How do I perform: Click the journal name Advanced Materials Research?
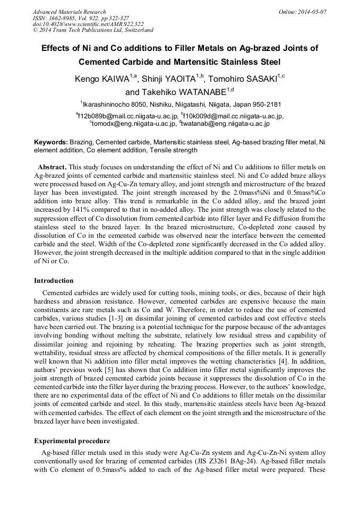click(x=69, y=12)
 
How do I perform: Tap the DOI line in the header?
click(x=88, y=24)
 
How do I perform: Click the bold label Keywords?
click(x=50, y=142)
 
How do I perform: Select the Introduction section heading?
click(x=54, y=281)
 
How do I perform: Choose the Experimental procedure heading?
click(x=72, y=441)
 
